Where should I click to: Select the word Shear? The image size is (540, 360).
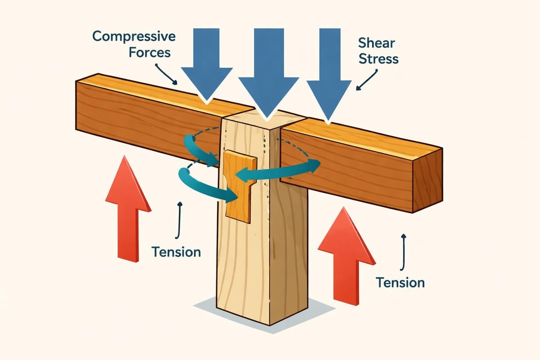377,43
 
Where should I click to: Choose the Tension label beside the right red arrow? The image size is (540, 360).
400,282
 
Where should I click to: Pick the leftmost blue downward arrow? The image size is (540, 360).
207,63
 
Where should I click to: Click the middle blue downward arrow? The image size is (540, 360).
269,76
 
